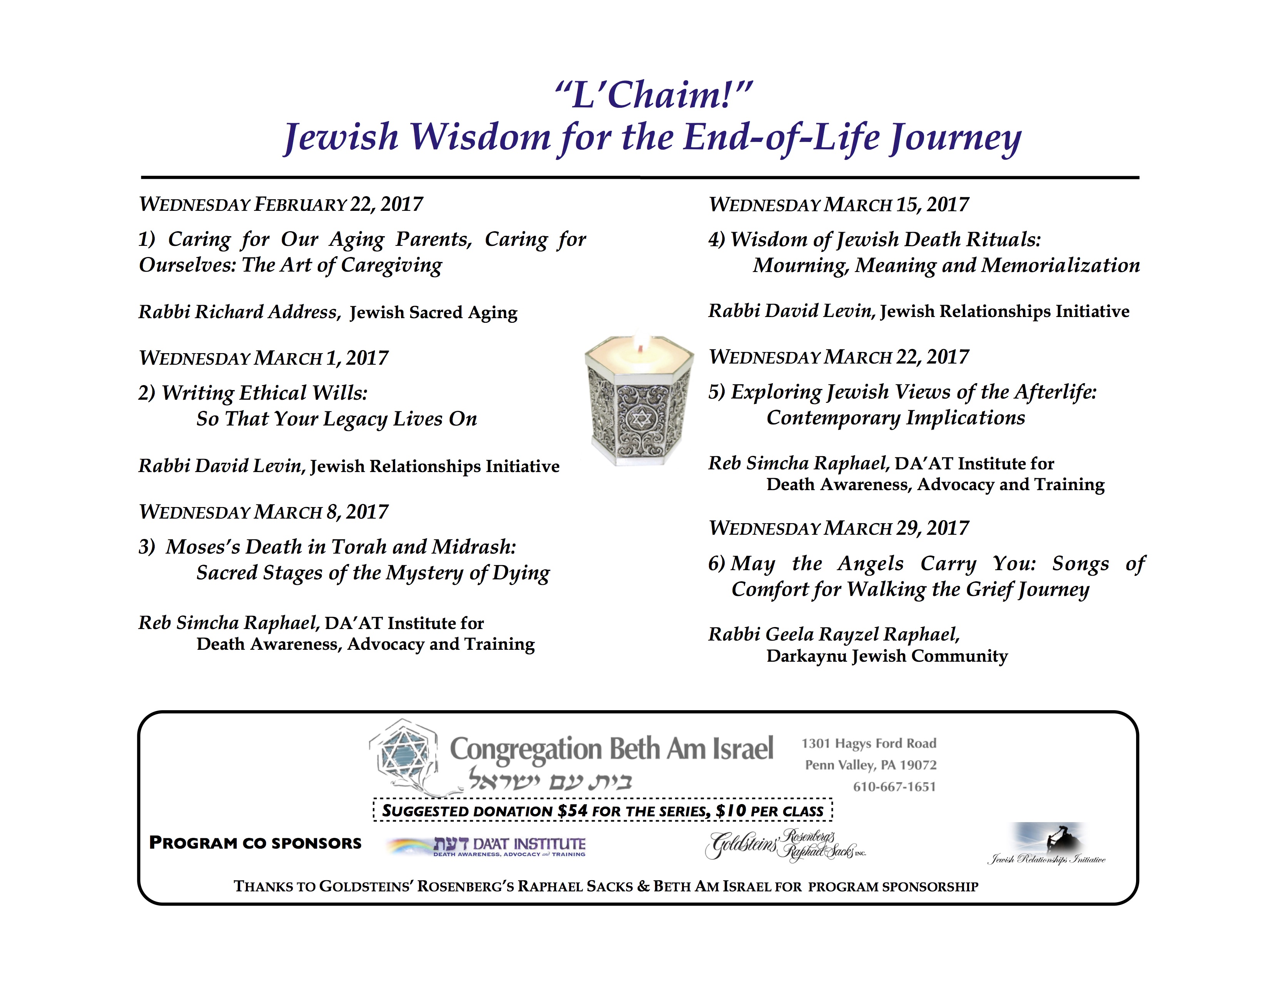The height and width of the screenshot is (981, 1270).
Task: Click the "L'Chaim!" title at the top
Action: pyautogui.click(x=653, y=95)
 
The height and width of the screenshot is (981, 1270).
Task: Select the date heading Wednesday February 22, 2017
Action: pyautogui.click(x=281, y=205)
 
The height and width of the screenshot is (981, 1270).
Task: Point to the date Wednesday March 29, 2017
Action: pyautogui.click(x=839, y=528)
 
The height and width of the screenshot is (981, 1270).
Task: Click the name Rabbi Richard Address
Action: pyautogui.click(x=239, y=312)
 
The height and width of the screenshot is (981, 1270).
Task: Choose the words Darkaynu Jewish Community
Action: pyautogui.click(x=887, y=656)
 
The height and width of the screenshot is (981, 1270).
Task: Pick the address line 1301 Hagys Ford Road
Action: pyautogui.click(x=869, y=743)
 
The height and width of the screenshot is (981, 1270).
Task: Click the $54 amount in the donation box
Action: pyautogui.click(x=572, y=811)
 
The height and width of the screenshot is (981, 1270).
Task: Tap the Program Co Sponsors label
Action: pyautogui.click(x=255, y=843)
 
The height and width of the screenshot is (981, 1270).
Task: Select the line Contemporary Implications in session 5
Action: pyautogui.click(x=896, y=418)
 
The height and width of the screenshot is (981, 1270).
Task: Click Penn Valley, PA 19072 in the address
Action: pyautogui.click(x=871, y=766)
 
